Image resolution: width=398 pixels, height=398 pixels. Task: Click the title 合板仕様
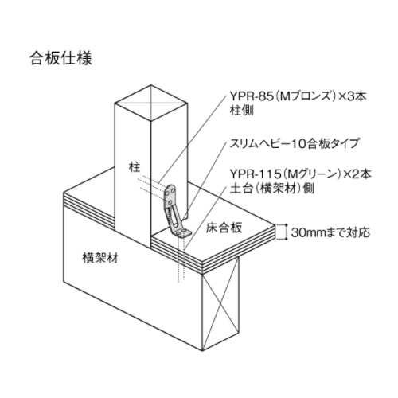tap(60, 58)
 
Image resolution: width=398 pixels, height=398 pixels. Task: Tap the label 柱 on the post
tap(135, 167)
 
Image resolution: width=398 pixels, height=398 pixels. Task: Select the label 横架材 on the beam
tap(100, 258)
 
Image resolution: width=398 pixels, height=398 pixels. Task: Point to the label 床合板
tap(224, 228)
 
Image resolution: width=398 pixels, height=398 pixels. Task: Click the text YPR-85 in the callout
tap(252, 96)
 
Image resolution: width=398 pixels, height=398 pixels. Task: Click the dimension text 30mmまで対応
tap(330, 232)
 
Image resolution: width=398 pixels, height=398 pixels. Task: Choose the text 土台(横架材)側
tap(272, 189)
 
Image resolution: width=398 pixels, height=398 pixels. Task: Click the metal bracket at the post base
tap(176, 212)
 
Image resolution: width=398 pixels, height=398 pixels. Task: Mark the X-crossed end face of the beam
tap(220, 302)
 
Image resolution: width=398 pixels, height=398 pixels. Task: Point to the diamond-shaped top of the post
tap(151, 103)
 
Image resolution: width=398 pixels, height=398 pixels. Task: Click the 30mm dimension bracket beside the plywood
tap(286, 232)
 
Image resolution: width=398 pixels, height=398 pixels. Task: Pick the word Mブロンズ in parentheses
tap(306, 96)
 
